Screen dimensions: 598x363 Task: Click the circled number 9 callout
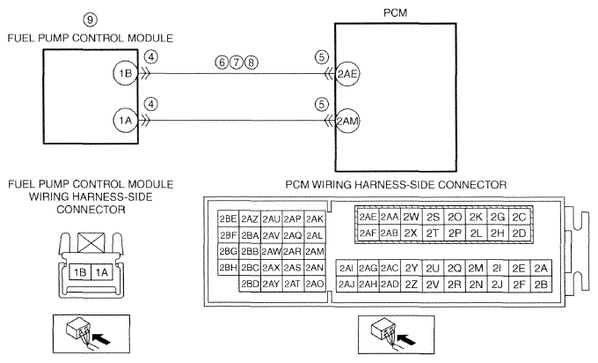(90, 19)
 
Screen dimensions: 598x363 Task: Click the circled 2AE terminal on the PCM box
(347, 74)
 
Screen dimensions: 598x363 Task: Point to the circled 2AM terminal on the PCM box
(347, 122)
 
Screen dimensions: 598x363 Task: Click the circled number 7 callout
(237, 62)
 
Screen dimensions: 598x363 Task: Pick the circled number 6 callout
(222, 62)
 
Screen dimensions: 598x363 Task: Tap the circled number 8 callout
(251, 62)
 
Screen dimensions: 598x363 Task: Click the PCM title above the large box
(395, 12)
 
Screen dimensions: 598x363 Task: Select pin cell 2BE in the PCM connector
(228, 219)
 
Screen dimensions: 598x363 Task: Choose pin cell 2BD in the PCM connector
(250, 284)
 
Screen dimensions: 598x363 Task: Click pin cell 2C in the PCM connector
(519, 217)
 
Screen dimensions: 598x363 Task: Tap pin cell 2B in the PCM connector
(541, 285)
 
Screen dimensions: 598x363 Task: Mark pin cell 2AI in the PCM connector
(346, 268)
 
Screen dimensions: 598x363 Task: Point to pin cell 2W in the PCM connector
(411, 217)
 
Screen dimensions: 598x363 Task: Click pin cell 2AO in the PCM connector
(315, 284)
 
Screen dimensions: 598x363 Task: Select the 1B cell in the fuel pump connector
(80, 272)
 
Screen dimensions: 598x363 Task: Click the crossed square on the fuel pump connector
(91, 243)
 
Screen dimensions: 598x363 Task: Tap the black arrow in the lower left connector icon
(102, 338)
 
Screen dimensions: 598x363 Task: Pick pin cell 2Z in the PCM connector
(412, 285)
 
